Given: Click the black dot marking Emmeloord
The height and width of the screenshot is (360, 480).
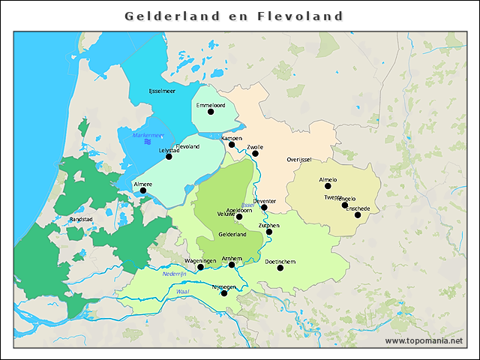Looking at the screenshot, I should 211,112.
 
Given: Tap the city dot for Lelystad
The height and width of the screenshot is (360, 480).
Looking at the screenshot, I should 169,157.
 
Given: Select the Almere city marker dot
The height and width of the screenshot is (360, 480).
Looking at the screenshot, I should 143,190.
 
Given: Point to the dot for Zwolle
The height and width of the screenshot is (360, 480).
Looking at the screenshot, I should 255,154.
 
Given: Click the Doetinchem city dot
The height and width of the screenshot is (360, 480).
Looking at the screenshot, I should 280,268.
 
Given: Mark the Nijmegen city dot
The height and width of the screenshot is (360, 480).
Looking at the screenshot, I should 224,293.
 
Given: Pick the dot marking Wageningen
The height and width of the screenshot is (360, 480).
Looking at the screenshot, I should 200,267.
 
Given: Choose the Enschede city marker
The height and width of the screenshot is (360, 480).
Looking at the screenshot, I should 358,215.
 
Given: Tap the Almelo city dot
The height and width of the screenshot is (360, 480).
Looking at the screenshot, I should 328,186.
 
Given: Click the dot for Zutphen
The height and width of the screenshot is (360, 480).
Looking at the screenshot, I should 269,232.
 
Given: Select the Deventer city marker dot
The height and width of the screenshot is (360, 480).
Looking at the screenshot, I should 264,207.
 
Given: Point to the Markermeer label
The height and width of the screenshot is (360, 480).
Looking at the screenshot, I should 148,135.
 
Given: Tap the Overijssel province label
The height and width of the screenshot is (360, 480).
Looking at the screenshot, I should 298,160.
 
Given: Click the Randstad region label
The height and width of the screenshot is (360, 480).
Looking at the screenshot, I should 80,219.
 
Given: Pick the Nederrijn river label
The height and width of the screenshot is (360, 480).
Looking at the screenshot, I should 173,274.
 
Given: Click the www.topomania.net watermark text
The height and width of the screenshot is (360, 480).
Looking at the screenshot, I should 424,340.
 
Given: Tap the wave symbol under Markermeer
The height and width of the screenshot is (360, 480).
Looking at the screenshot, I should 148,142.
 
